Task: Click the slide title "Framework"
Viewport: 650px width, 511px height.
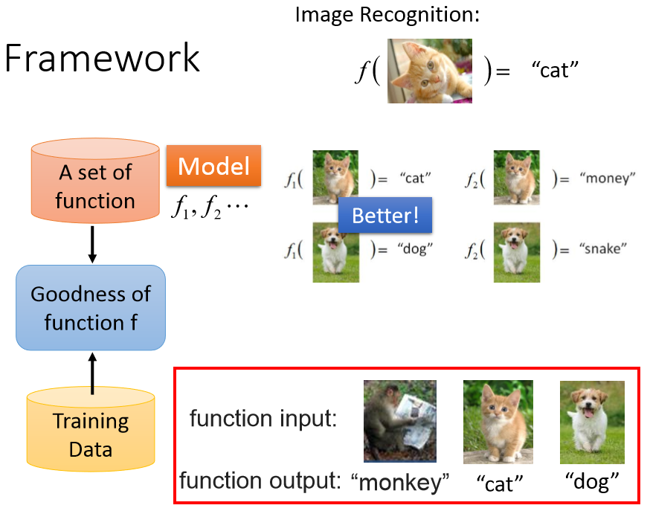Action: click(103, 59)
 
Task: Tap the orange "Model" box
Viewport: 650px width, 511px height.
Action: click(213, 165)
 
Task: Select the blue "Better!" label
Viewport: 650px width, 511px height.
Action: click(384, 216)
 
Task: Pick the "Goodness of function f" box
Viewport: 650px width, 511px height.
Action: click(90, 307)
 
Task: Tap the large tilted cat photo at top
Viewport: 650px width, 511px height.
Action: click(430, 71)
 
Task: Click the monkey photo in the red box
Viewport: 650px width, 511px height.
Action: click(399, 420)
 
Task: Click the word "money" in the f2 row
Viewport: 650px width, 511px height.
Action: click(607, 179)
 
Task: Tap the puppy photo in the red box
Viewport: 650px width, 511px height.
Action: click(592, 422)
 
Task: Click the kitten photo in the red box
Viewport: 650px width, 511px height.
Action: click(498, 422)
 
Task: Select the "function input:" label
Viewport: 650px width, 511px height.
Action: click(263, 419)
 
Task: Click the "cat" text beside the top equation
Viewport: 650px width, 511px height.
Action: click(555, 71)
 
